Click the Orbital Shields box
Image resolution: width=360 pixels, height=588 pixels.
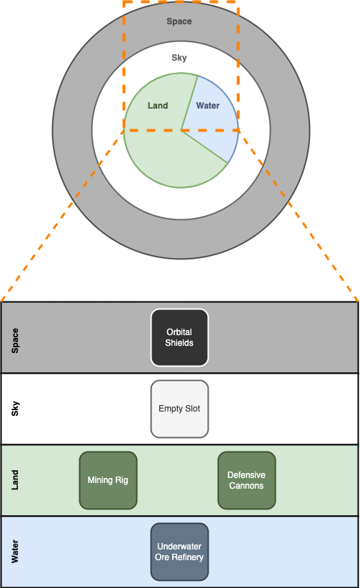(179, 337)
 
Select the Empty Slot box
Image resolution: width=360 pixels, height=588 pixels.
(179, 409)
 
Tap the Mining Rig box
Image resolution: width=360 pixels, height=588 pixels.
(108, 480)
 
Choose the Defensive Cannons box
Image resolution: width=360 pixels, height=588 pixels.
(246, 480)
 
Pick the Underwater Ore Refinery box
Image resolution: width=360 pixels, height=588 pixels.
(179, 552)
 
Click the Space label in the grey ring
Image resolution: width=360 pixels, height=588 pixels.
(179, 21)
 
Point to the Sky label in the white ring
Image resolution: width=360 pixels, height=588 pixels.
(179, 58)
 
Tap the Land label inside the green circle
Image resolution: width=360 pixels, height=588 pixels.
(158, 106)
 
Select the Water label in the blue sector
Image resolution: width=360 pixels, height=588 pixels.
(208, 106)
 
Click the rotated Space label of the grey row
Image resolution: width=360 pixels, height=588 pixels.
(15, 341)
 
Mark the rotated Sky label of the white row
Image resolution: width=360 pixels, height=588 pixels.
(15, 409)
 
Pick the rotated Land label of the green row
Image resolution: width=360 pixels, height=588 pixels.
(15, 480)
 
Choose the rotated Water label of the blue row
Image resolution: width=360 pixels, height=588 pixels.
(15, 552)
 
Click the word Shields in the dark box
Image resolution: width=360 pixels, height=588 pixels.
(179, 343)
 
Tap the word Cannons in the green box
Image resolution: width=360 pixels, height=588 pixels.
(246, 486)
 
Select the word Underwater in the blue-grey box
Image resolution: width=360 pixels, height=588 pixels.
(179, 547)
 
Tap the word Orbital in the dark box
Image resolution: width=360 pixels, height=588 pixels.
(179, 332)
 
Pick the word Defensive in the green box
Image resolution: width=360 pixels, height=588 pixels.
(246, 474)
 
